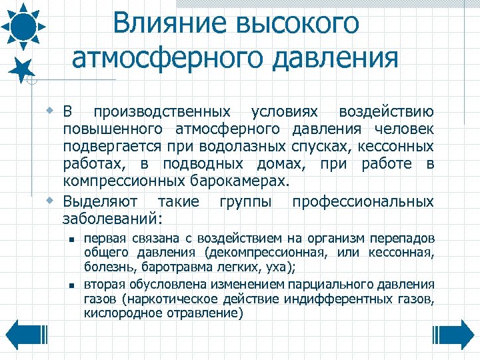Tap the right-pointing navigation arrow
454,335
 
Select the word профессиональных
363,201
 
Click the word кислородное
120,312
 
